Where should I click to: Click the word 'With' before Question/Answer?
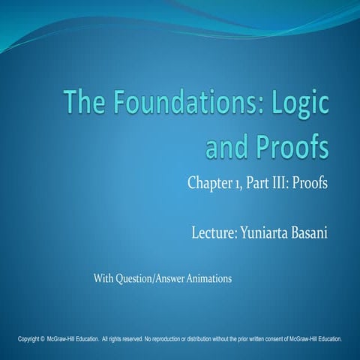click(104, 279)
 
